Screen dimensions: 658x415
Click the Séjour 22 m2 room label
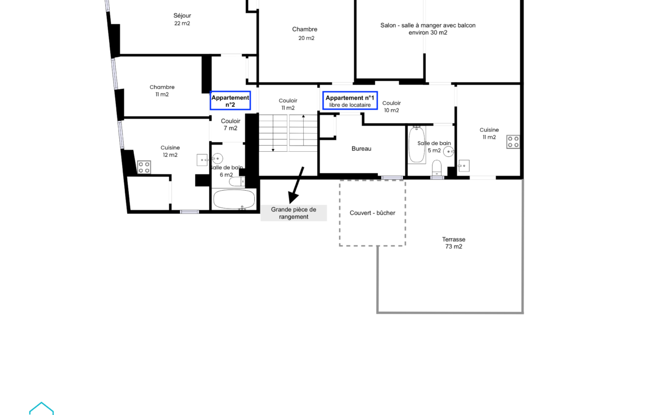pos(182,19)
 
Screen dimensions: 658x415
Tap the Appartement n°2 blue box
pos(231,101)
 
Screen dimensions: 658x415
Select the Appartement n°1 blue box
pos(350,101)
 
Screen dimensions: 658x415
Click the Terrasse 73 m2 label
pos(454,243)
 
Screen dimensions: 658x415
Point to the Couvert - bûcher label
pos(373,213)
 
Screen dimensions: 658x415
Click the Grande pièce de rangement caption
pos(294,213)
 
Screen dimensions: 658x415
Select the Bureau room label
pos(361,148)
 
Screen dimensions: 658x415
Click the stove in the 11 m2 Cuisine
pos(513,141)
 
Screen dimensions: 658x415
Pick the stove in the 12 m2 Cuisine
pos(144,167)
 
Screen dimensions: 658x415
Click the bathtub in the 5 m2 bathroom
pos(417,145)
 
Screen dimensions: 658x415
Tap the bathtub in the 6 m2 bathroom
pos(234,199)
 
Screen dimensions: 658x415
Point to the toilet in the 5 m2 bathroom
pos(437,168)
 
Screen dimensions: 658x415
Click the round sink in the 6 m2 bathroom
pos(218,159)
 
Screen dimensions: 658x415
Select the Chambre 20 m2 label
pos(305,34)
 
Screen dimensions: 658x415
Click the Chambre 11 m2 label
pos(162,91)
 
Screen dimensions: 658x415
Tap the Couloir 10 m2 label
pos(391,107)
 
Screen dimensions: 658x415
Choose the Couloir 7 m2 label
pos(231,125)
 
